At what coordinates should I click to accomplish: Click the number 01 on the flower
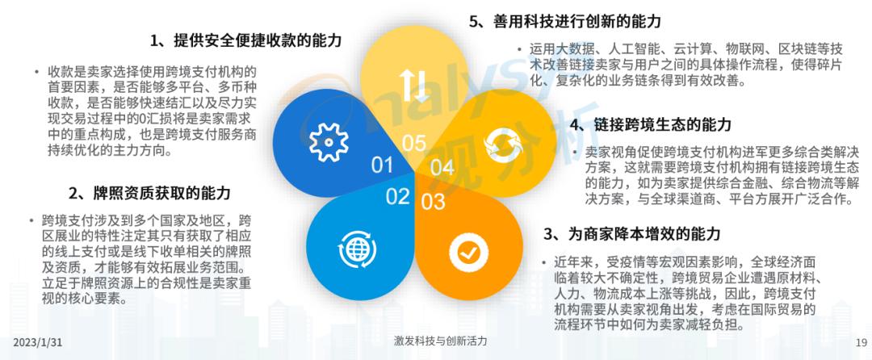382,165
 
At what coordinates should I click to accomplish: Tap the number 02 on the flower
397,196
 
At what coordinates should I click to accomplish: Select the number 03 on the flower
433,199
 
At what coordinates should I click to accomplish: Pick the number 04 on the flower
442,168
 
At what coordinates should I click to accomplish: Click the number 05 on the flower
413,144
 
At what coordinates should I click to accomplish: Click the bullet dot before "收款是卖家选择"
37,73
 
